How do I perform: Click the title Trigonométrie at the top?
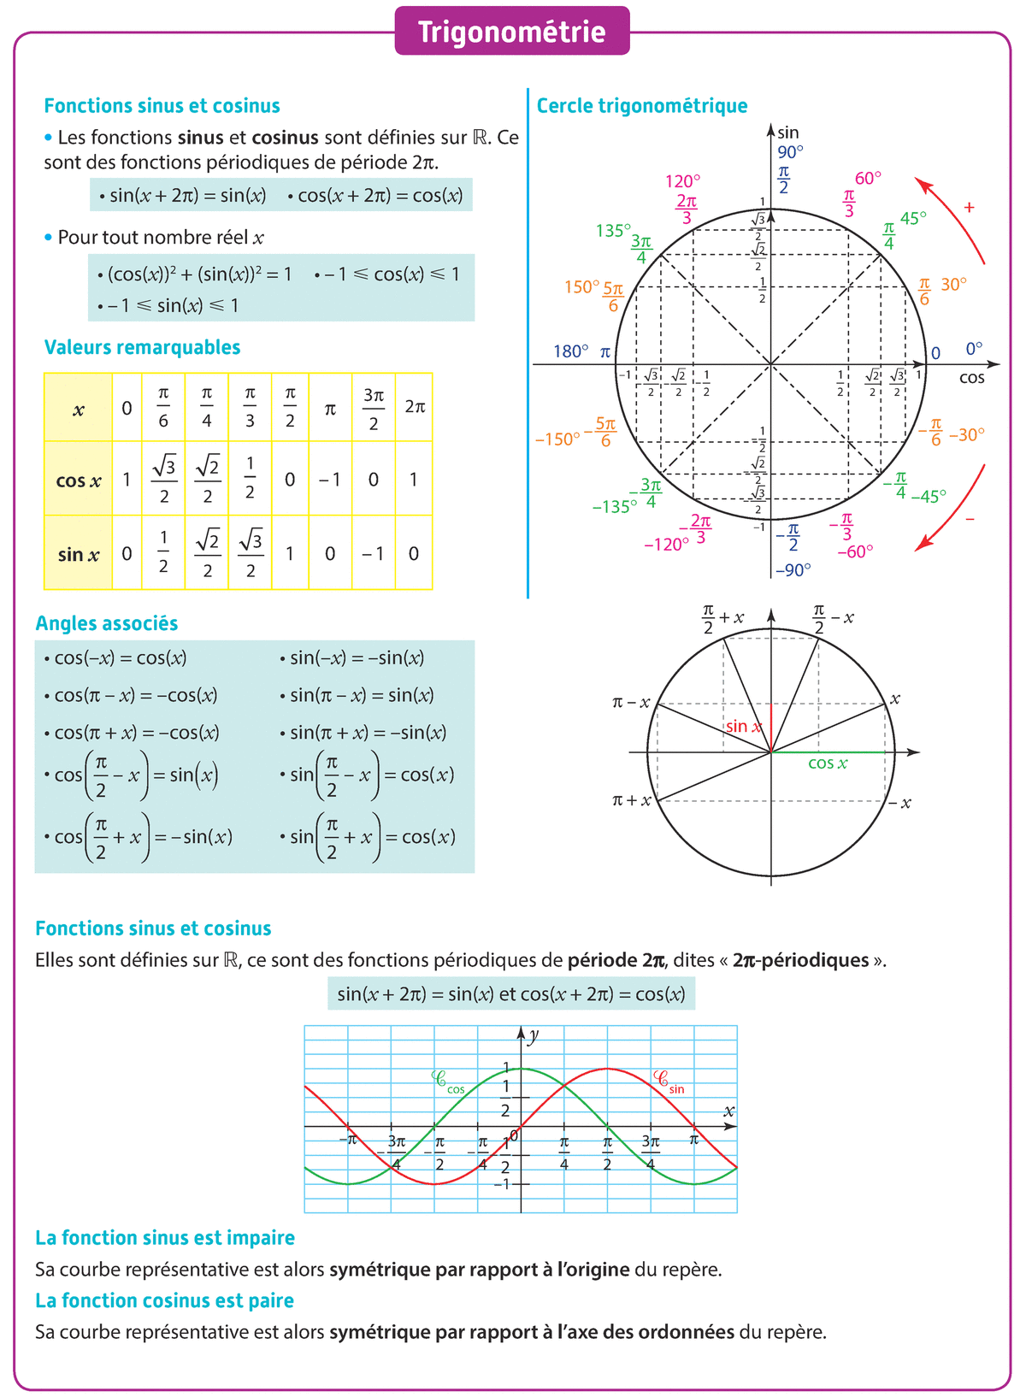[x=511, y=32]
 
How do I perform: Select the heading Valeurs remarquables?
[x=142, y=347]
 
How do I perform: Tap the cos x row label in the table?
[x=78, y=480]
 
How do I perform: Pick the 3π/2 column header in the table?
[x=374, y=408]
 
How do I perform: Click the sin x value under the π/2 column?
[x=290, y=554]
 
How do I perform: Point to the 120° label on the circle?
[x=682, y=181]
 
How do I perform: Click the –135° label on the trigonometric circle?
[x=615, y=506]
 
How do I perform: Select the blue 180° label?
[x=570, y=351]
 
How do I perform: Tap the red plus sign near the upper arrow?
[x=969, y=207]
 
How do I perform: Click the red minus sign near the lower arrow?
[x=970, y=519]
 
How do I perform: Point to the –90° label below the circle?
[x=793, y=569]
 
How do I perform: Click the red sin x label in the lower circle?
[x=743, y=727]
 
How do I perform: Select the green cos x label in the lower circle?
[x=828, y=763]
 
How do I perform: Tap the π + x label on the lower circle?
[x=632, y=801]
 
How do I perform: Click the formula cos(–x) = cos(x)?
[x=115, y=658]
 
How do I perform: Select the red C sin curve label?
[x=668, y=1082]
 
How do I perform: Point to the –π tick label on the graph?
[x=347, y=1140]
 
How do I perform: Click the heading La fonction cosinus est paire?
[x=164, y=1300]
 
